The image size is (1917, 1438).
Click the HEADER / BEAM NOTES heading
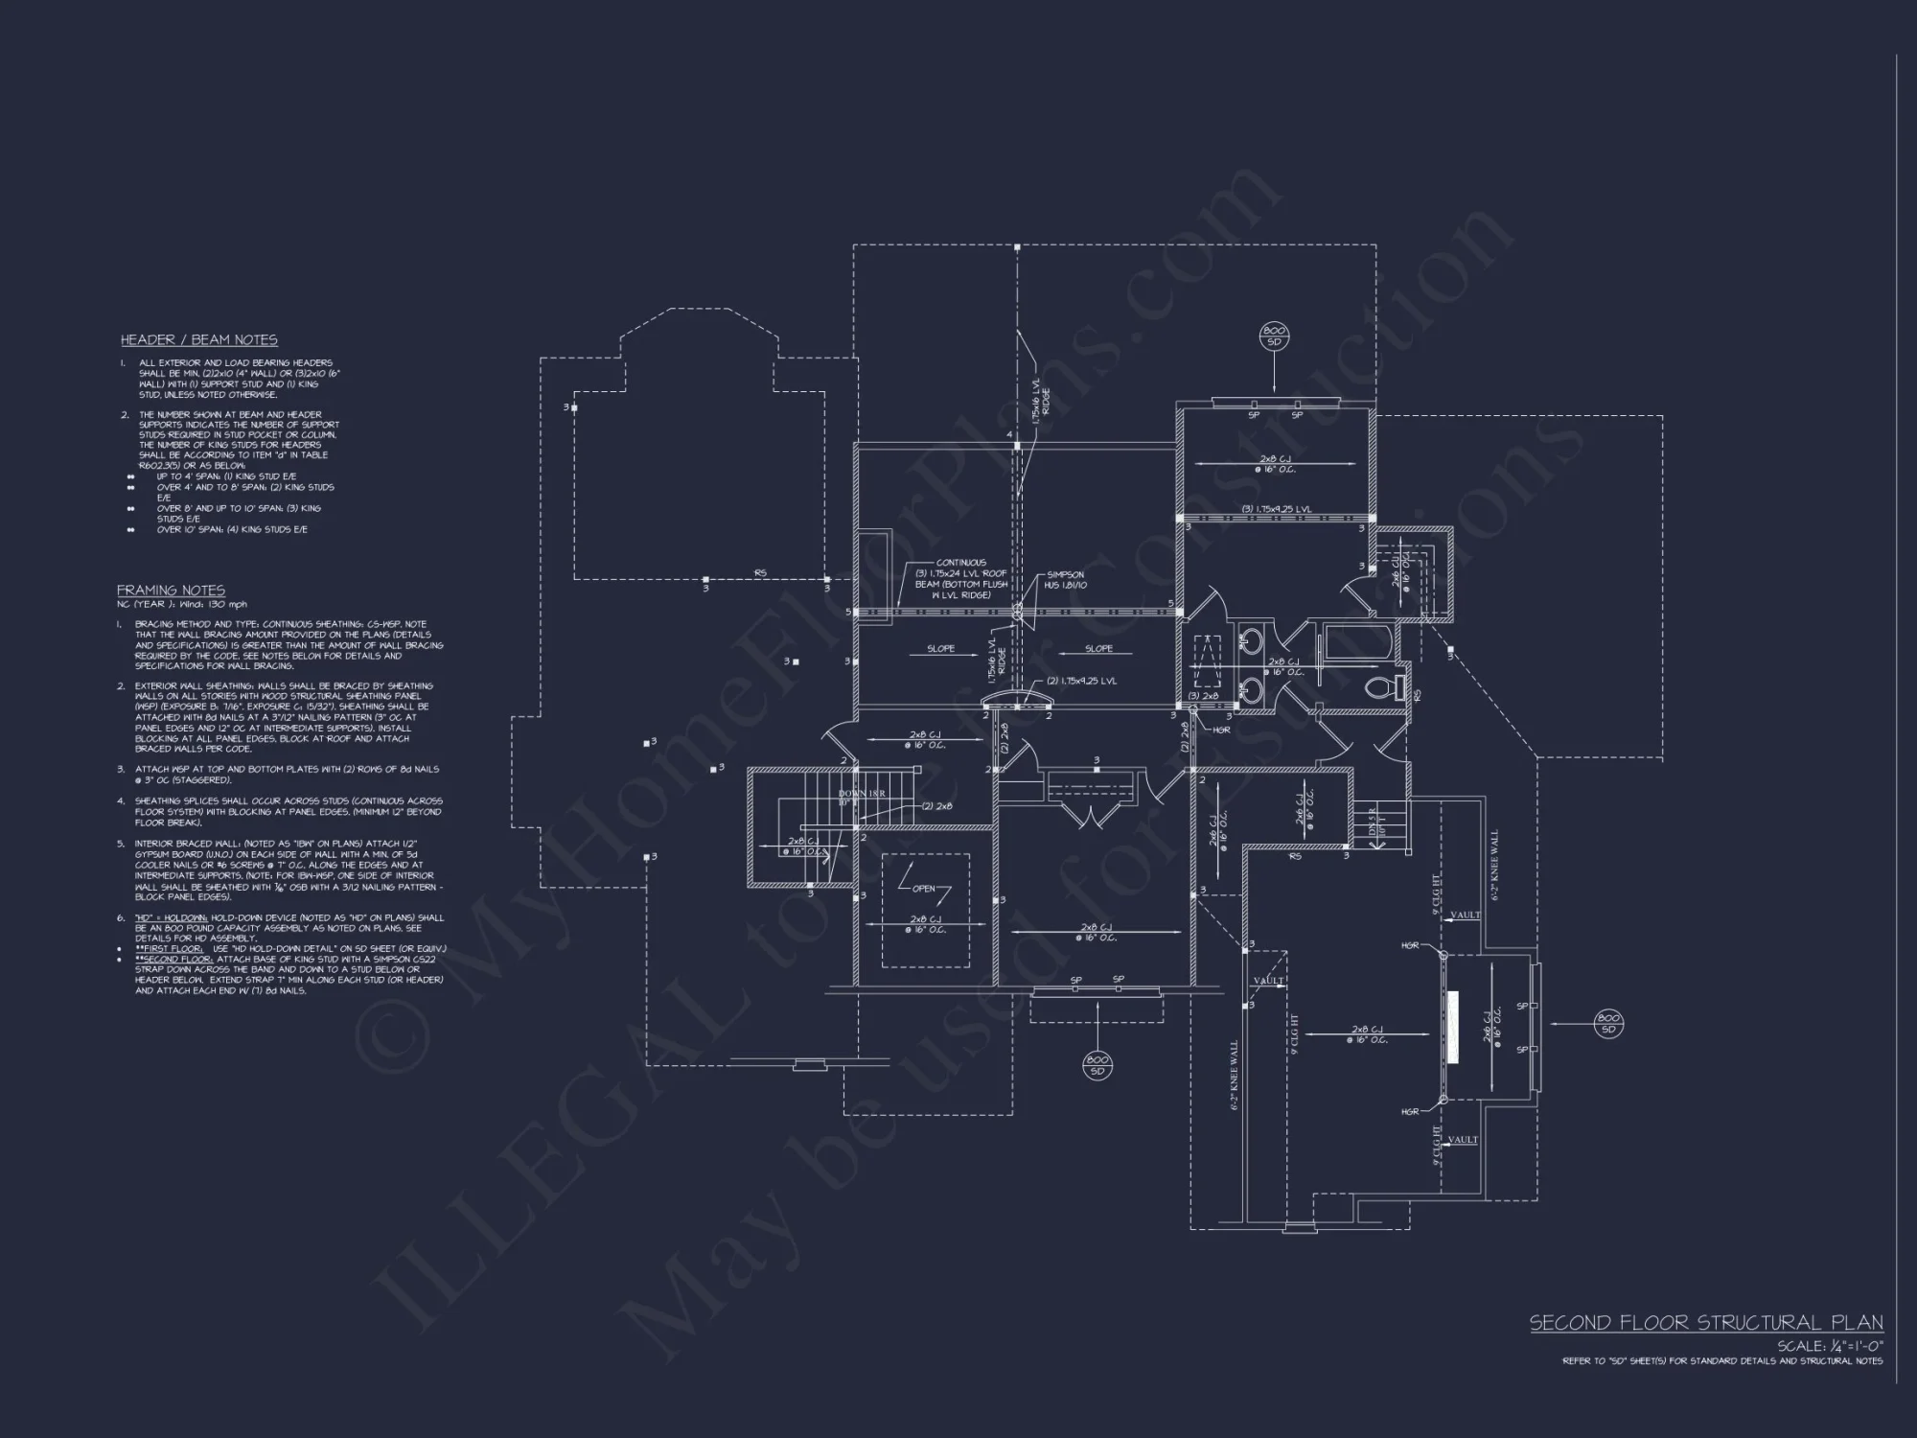198,339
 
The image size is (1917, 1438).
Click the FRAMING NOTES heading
171,590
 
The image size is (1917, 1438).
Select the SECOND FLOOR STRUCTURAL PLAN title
1705,1323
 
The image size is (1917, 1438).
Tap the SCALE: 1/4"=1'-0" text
1829,1346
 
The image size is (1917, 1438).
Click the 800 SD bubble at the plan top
1274,336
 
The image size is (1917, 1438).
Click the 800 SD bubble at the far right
1608,1023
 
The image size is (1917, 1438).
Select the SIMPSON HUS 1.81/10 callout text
1065,580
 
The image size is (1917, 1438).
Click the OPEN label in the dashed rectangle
923,889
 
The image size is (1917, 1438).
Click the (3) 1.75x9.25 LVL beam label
1276,508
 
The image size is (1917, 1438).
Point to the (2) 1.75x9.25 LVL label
1081,681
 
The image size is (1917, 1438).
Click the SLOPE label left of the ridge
940,649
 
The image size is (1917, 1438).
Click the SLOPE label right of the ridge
1098,649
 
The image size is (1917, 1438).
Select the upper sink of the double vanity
1251,640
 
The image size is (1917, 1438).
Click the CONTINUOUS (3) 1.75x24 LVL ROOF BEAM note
960,579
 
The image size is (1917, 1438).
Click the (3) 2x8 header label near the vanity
1201,696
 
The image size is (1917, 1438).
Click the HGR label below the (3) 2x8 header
1221,730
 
